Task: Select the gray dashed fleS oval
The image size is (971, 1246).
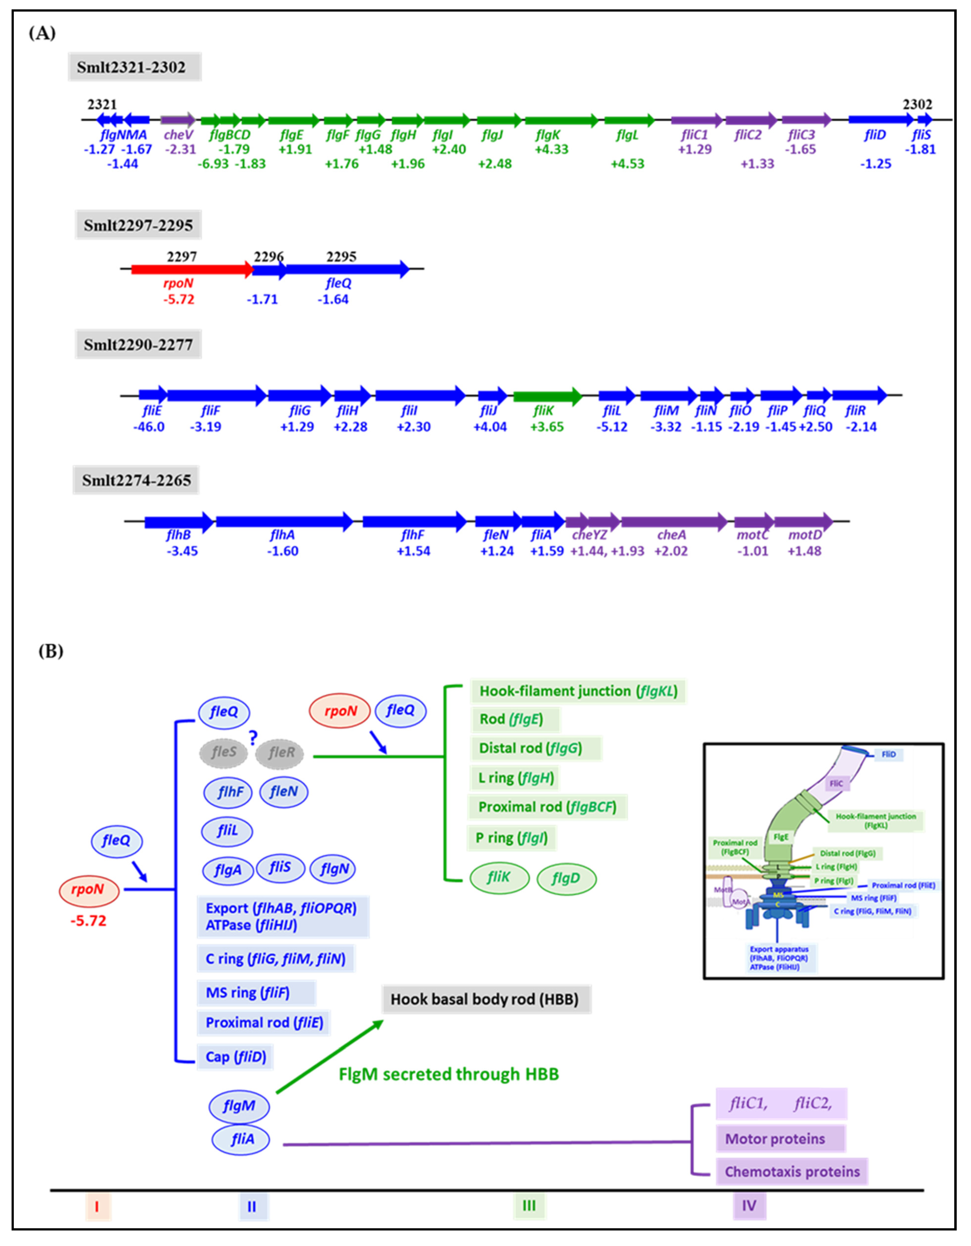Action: tap(223, 752)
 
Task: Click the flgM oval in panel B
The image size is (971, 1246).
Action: tap(238, 1106)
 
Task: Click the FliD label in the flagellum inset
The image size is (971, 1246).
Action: tap(888, 754)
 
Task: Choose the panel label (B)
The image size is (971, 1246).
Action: tap(51, 651)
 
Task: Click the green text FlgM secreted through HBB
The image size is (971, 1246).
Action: tap(448, 1074)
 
